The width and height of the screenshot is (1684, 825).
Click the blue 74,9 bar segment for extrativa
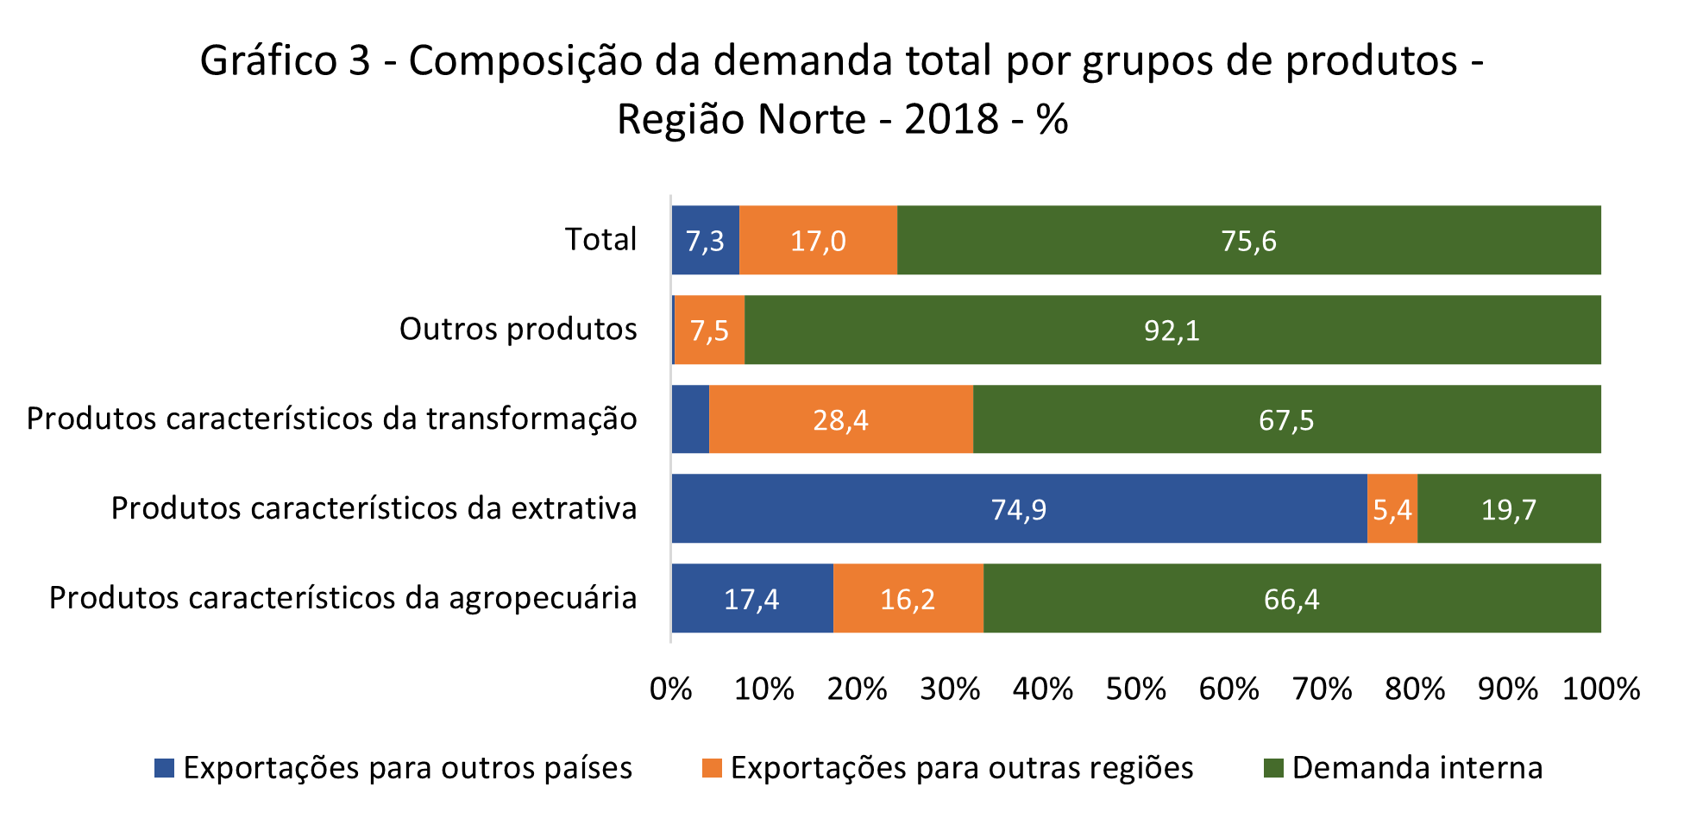[1018, 509]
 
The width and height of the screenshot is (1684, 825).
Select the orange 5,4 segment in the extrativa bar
[1392, 509]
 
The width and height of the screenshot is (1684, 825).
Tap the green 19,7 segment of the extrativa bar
[1508, 509]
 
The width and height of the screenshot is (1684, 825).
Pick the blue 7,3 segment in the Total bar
[705, 240]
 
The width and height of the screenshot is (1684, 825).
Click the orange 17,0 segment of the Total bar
[818, 240]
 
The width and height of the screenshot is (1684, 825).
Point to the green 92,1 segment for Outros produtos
[1172, 330]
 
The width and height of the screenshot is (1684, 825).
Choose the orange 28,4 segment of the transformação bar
[840, 419]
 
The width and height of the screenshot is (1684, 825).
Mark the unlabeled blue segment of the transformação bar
[690, 419]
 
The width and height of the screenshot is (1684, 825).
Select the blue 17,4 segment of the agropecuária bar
[751, 598]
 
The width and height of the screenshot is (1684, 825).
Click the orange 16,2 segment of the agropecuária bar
[908, 598]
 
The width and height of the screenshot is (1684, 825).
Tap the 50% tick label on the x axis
[1135, 689]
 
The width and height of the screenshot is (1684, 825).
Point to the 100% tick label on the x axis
[1600, 689]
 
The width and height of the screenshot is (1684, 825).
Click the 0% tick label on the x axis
[670, 689]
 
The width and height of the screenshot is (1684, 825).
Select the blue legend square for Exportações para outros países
[164, 768]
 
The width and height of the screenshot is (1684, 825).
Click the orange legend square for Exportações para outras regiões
[712, 768]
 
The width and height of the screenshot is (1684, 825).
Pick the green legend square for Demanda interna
[1273, 768]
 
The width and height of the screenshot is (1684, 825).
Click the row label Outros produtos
[518, 329]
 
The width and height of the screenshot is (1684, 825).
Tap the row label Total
[600, 239]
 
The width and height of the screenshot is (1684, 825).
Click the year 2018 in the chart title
[951, 119]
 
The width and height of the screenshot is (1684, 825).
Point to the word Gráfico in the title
[267, 60]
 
